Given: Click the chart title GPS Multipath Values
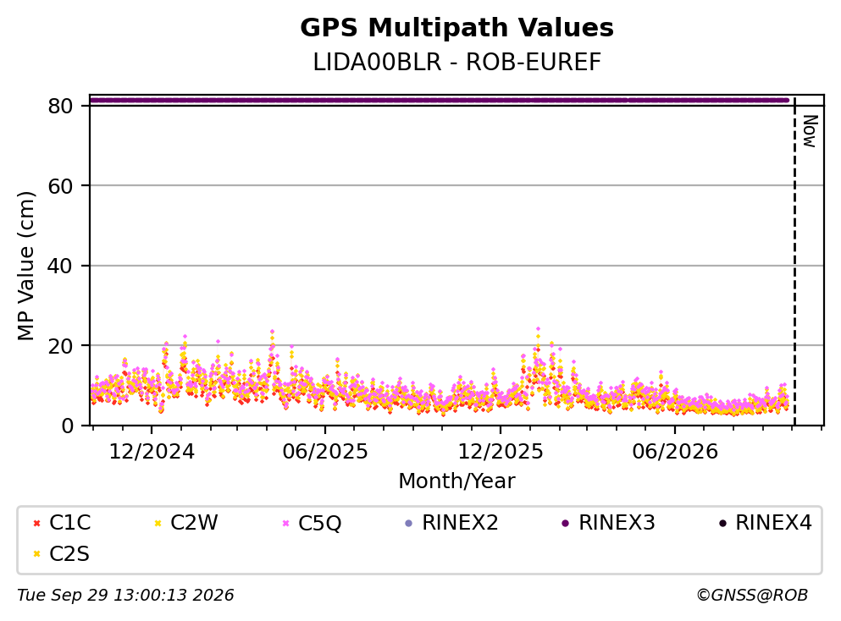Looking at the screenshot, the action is click(456, 28).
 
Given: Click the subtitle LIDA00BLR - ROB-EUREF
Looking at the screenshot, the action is click(456, 62).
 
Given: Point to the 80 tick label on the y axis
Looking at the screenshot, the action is click(60, 106).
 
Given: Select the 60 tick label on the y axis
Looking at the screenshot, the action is click(60, 186).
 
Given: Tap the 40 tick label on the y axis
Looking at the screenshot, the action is click(60, 266).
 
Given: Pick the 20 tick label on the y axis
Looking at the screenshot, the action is click(60, 346).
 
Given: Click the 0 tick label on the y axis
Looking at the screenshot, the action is click(67, 426).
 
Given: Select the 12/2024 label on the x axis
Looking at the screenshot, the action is click(152, 452).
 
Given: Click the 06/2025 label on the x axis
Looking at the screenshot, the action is click(325, 452).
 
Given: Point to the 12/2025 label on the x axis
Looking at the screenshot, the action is click(500, 452).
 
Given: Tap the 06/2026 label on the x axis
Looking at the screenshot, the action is click(675, 452).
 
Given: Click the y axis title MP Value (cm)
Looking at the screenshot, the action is click(25, 266).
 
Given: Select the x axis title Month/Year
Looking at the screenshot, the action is click(456, 481).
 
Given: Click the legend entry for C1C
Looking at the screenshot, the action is click(61, 522).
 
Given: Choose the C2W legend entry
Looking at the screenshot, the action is click(185, 522).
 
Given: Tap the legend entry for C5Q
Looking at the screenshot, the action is click(312, 523).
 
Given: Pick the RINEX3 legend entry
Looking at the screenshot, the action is click(608, 522).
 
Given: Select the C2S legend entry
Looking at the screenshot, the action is click(61, 553).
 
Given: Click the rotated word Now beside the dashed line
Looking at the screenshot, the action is click(810, 131).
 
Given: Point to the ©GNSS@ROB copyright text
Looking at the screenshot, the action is click(752, 595).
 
